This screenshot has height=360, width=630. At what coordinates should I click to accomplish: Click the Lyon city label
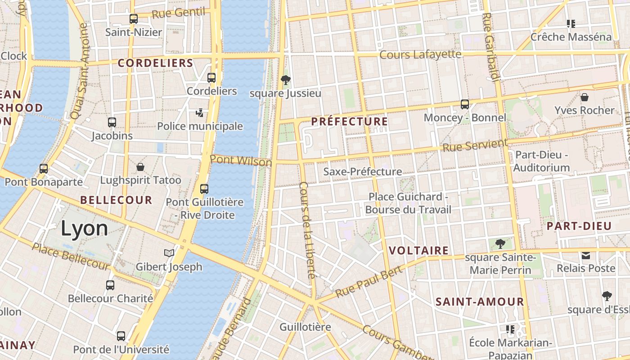[84, 229]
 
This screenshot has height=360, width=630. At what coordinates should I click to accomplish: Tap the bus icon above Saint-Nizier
[134, 19]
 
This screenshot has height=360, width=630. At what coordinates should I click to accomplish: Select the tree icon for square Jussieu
[285, 80]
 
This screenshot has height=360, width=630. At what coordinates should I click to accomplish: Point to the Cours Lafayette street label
[420, 54]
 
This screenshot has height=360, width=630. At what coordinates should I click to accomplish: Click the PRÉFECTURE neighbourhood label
[349, 121]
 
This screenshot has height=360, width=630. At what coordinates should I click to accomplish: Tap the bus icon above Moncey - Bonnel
[465, 104]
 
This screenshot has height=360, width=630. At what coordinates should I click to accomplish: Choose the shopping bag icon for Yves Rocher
[584, 97]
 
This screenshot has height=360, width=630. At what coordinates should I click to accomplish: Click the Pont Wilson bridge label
[241, 161]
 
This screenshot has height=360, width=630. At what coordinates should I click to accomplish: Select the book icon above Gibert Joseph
[169, 253]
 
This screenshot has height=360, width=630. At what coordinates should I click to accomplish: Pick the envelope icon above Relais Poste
[586, 256]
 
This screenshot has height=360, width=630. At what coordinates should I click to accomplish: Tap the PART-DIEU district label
[579, 226]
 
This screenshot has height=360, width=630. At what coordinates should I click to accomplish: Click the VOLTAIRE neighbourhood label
[418, 251]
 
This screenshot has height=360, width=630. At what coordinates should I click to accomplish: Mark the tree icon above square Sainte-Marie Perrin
[500, 244]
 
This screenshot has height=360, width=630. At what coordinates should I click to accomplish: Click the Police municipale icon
[200, 112]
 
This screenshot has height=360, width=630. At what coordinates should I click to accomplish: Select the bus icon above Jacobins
[112, 122]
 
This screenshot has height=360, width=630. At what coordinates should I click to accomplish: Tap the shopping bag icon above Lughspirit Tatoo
[140, 167]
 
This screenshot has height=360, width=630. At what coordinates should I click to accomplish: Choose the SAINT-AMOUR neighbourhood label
[480, 301]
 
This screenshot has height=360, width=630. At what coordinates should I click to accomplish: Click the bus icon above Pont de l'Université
[121, 336]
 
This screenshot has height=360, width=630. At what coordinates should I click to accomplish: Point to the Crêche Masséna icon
[571, 23]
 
